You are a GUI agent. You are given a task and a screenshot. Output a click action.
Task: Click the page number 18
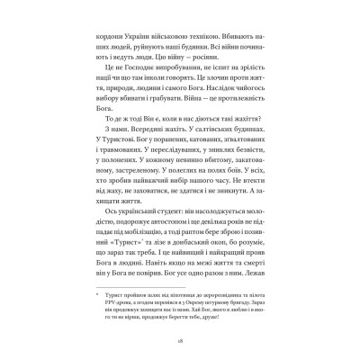coord(180,329)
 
